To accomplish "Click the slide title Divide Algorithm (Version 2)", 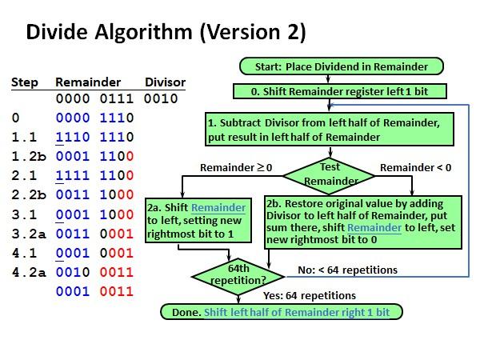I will click(166, 33).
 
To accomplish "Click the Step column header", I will click(24, 82).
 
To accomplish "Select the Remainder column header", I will click(88, 82).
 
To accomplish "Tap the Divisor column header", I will click(165, 82).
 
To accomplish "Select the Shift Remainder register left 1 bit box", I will click(338, 91).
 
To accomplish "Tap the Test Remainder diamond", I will click(329, 174).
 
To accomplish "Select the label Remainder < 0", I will click(415, 168).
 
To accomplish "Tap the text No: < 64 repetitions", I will click(348, 270).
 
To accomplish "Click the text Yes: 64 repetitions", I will click(309, 296).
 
